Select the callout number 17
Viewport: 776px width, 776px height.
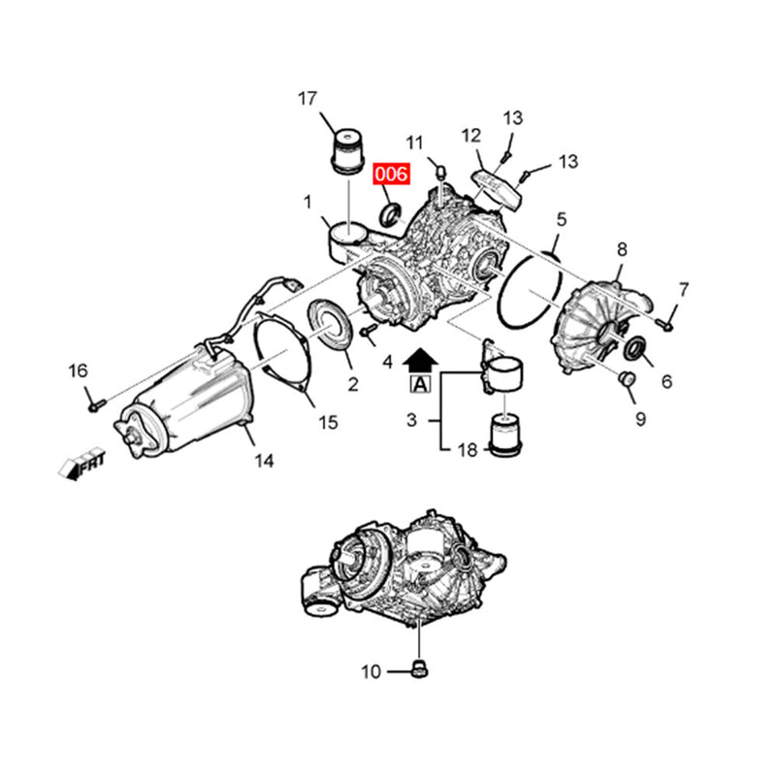(x=307, y=98)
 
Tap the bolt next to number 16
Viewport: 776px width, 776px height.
(x=94, y=404)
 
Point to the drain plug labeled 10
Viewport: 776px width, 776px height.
(x=420, y=668)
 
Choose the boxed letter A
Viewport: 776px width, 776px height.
(x=420, y=384)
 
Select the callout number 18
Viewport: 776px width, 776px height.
(x=468, y=449)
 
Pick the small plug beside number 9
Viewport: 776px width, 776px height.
(x=626, y=378)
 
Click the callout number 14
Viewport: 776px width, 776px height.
(x=265, y=462)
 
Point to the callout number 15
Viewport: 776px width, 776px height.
(x=328, y=422)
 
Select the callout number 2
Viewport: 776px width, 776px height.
(x=352, y=385)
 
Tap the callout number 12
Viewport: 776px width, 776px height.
(x=471, y=135)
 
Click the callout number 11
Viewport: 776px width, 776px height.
(x=415, y=143)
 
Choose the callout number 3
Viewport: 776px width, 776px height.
(x=411, y=420)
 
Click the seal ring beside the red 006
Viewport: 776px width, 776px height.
(x=388, y=214)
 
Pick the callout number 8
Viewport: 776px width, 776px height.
(x=622, y=249)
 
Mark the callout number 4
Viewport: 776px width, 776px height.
(x=387, y=362)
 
